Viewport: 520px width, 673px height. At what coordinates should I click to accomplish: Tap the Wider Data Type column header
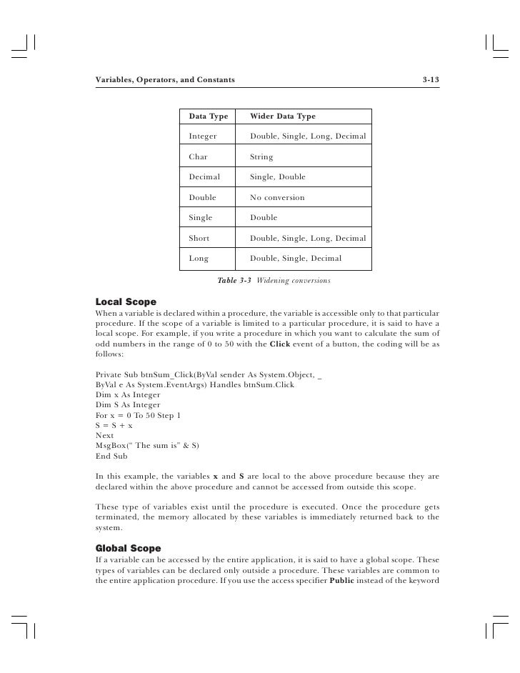tap(283, 116)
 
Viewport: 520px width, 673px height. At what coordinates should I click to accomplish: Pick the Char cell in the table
tap(198, 156)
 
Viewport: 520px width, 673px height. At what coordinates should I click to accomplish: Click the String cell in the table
tap(261, 156)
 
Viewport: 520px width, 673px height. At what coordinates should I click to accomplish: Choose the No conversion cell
tap(277, 197)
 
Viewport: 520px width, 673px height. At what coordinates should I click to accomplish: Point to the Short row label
tap(199, 238)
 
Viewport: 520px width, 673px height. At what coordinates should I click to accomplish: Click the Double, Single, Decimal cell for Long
tap(296, 258)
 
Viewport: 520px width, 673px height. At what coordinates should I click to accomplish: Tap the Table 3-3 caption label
tap(234, 281)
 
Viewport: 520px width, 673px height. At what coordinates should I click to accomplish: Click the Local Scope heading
tap(126, 302)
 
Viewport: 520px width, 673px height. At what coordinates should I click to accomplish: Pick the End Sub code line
tap(111, 455)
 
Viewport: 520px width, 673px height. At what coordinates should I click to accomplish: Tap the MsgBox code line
tap(148, 445)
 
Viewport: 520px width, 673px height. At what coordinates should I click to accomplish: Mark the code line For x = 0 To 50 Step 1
tap(140, 415)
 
